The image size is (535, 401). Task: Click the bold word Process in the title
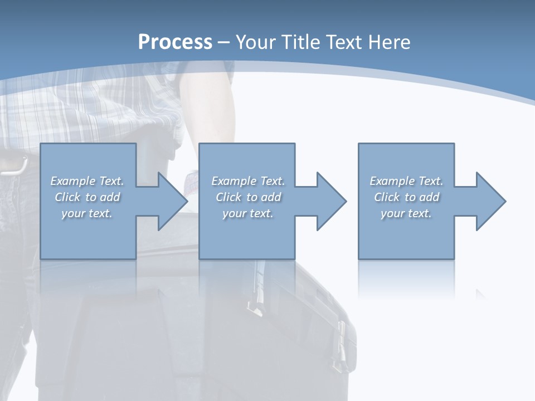click(x=175, y=42)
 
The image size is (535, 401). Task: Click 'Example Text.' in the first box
click(x=87, y=181)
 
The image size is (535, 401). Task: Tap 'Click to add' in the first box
click(x=87, y=197)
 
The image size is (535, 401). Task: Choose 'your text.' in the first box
click(x=87, y=213)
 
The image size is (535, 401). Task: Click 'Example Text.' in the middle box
click(x=248, y=181)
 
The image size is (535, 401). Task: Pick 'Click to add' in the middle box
click(x=248, y=197)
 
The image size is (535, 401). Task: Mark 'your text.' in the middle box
click(x=248, y=213)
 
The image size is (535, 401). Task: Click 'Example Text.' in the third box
click(x=406, y=181)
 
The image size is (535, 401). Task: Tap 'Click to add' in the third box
click(x=406, y=197)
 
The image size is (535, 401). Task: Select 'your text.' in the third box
click(x=406, y=213)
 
